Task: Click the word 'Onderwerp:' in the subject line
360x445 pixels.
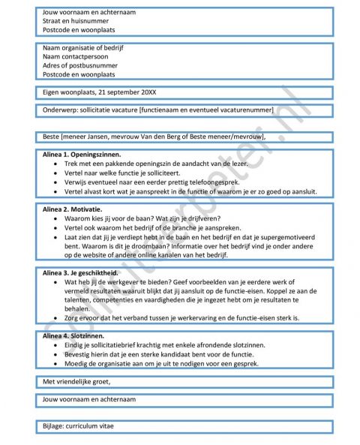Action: click(61, 110)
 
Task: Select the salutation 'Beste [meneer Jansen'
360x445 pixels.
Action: click(84, 137)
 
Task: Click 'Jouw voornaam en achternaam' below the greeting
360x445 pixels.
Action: click(90, 400)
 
